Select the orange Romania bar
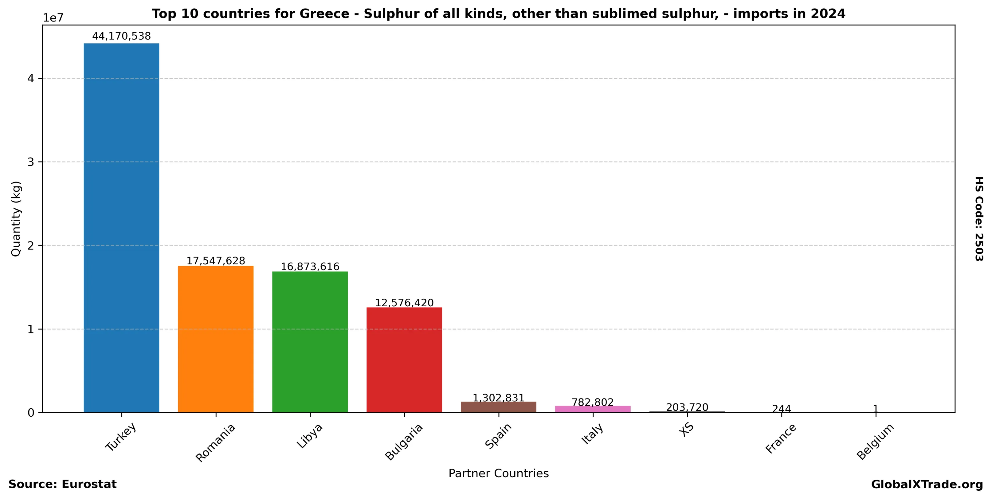coord(216,339)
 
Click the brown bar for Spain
coord(498,407)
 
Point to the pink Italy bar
coord(593,409)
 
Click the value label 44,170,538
coord(121,36)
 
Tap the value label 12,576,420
coord(404,303)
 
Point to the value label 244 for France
coord(781,409)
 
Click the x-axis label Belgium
coord(875,441)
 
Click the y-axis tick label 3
coord(31,162)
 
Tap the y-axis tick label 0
coord(31,413)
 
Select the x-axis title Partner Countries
coord(498,473)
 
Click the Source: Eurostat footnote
coord(62,484)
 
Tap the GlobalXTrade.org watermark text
coord(927,484)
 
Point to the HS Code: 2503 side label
coord(978,219)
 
